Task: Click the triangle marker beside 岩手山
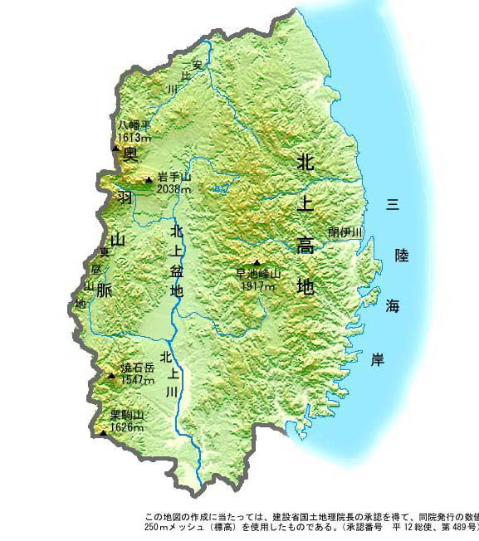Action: tap(149, 179)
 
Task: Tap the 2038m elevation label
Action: tap(174, 190)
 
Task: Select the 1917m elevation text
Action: tap(257, 285)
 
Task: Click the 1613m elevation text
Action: tap(134, 137)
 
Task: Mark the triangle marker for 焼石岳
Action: tap(112, 375)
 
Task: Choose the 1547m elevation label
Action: tap(137, 380)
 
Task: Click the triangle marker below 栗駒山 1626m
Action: tap(103, 432)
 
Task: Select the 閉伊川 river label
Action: tap(345, 232)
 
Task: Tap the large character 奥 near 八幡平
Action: tap(130, 155)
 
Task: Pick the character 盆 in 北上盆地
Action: tap(176, 270)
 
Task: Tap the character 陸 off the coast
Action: tap(401, 256)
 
